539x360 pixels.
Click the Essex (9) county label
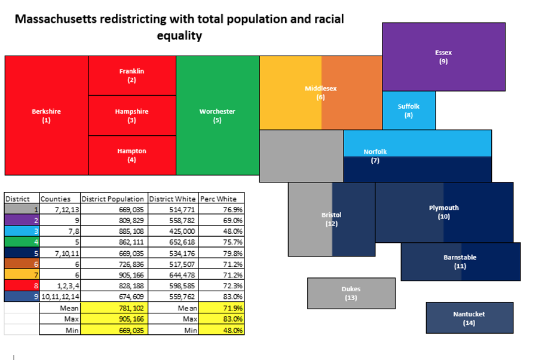pyautogui.click(x=443, y=57)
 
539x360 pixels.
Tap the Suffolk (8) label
pyautogui.click(x=409, y=111)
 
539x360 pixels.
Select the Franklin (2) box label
pyautogui.click(x=131, y=75)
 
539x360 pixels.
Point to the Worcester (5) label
pyautogui.click(x=217, y=115)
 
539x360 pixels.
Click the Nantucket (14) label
pyautogui.click(x=469, y=318)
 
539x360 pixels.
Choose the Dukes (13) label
pyautogui.click(x=351, y=293)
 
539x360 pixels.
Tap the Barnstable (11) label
pyautogui.click(x=460, y=261)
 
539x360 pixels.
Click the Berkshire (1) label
pyautogui.click(x=46, y=115)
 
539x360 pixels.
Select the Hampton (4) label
pyautogui.click(x=131, y=155)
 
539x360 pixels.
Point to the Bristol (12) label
pyautogui.click(x=331, y=219)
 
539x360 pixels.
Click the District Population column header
pyautogui.click(x=113, y=199)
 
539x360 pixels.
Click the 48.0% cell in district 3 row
pyautogui.click(x=232, y=231)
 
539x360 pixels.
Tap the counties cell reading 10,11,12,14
pyautogui.click(x=59, y=296)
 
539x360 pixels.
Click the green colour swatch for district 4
pyautogui.click(x=22, y=242)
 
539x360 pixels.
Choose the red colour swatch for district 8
pyautogui.click(x=22, y=285)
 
